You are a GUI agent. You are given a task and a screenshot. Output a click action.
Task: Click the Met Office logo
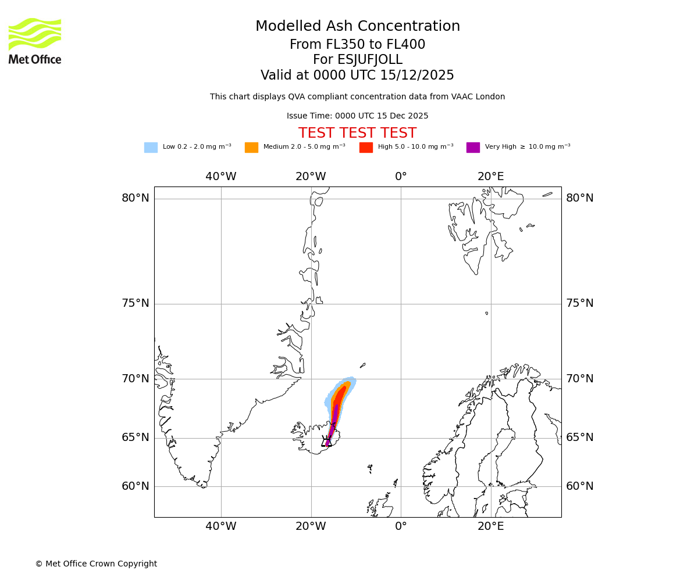[x=35, y=41]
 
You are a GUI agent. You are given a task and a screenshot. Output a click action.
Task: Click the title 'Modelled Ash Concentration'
[x=357, y=27]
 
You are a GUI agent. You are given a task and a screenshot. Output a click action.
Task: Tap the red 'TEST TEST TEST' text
[x=357, y=134]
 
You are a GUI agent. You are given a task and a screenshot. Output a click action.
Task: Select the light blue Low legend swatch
[x=151, y=148]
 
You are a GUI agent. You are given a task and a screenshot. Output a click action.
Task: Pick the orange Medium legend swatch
[x=251, y=148]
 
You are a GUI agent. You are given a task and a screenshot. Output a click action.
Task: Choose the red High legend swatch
[x=366, y=148]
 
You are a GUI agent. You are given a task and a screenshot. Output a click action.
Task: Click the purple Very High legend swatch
[x=473, y=148]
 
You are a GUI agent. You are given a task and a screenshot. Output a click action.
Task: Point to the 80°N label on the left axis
[x=135, y=198]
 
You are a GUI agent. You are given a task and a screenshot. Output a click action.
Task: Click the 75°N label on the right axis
[x=580, y=303]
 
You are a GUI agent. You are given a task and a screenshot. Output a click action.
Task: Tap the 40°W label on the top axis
[x=221, y=177]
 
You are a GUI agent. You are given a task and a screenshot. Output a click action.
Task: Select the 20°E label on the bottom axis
[x=491, y=526]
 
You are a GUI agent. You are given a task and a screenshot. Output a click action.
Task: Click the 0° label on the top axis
[x=401, y=177]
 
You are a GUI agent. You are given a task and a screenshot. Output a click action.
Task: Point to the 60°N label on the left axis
[x=135, y=486]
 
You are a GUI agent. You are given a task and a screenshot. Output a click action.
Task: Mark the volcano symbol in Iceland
[x=326, y=442]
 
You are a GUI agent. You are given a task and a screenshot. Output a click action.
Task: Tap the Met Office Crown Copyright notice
[x=96, y=564]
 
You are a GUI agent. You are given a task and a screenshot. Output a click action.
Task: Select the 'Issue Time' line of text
[x=357, y=116]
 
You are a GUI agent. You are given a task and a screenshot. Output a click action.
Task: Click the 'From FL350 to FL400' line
[x=357, y=45]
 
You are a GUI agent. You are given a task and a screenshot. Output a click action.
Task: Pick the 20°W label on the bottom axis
[x=311, y=526]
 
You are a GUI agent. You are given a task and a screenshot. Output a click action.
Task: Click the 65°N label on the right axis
[x=580, y=437]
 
